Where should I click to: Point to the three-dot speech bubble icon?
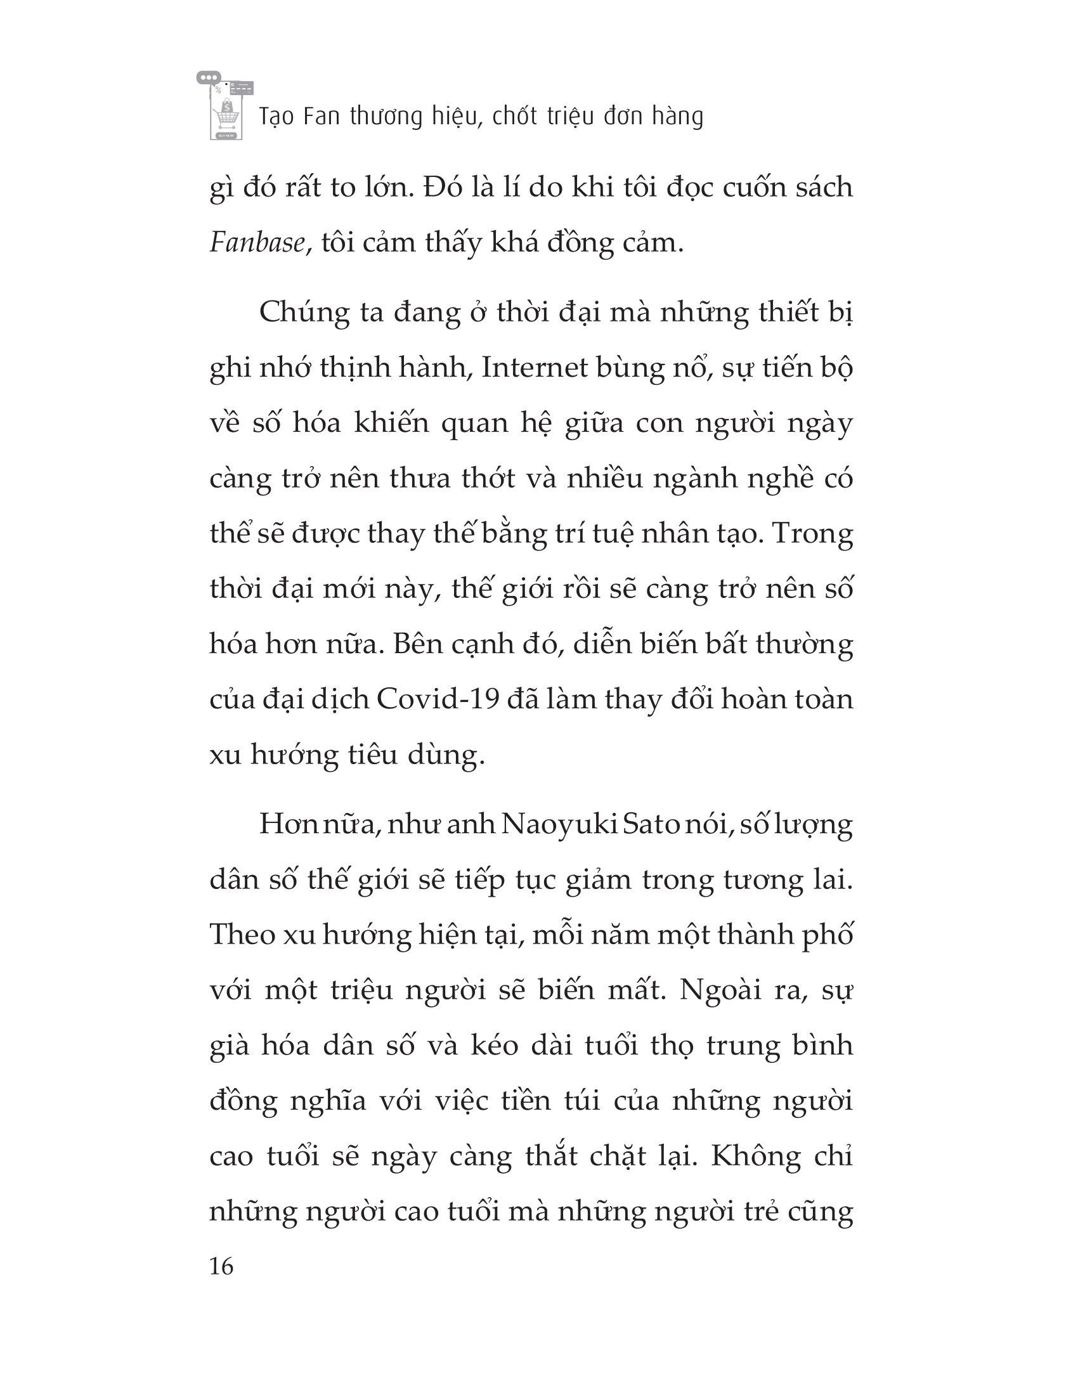coord(208,77)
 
